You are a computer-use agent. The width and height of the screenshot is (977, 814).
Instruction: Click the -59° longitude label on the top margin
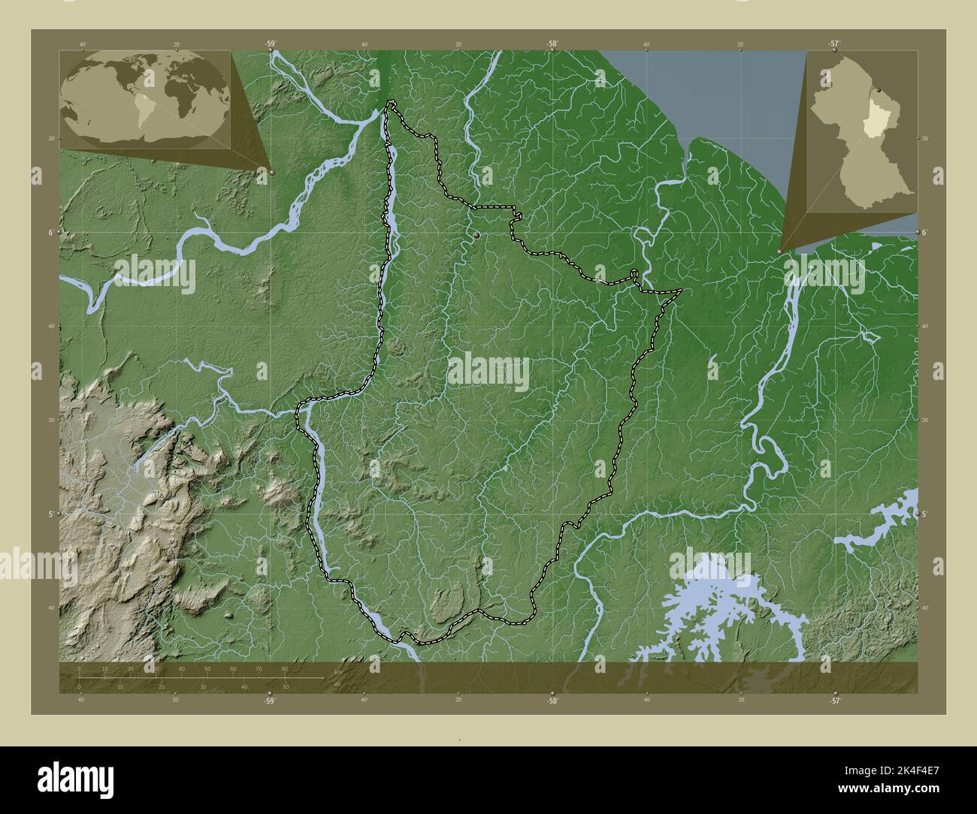pyautogui.click(x=270, y=44)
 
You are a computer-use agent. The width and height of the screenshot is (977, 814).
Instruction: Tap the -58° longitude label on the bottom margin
pyautogui.click(x=552, y=700)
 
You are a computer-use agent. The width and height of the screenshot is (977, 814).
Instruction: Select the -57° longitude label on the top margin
pyautogui.click(x=833, y=44)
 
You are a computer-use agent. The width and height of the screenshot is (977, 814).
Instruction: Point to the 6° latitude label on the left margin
pyautogui.click(x=50, y=233)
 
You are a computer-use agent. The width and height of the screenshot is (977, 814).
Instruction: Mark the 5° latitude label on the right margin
pyautogui.click(x=924, y=514)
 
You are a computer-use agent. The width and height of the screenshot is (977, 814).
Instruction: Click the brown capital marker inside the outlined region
pyautogui.click(x=477, y=236)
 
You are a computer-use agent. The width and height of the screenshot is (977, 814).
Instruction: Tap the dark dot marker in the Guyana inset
pyautogui.click(x=877, y=91)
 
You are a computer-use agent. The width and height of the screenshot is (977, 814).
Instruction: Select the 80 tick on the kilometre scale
pyautogui.click(x=285, y=668)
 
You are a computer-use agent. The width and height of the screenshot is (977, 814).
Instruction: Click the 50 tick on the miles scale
pyautogui.click(x=285, y=686)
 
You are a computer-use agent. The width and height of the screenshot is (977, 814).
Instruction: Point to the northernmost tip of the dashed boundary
pyautogui.click(x=390, y=102)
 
